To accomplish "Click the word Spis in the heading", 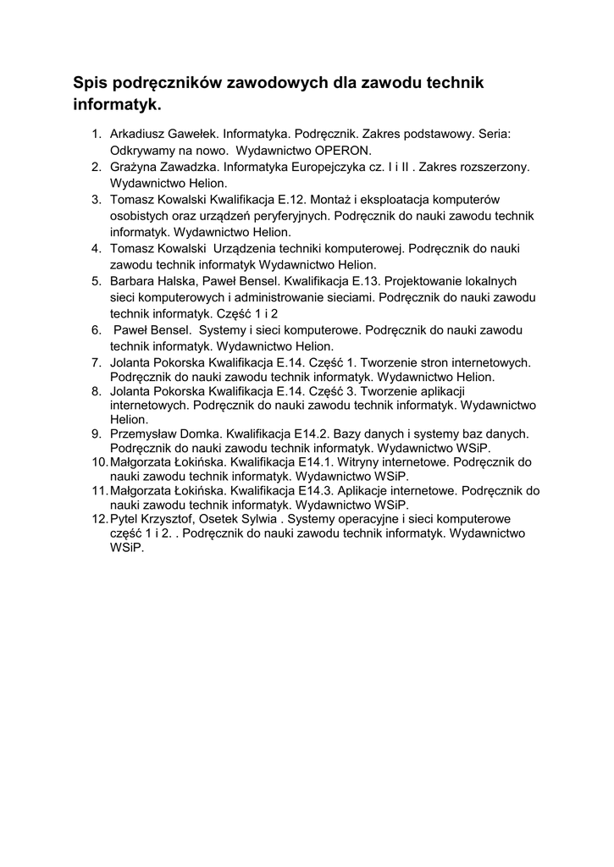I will pyautogui.click(x=91, y=83).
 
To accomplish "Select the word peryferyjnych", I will pyautogui.click(x=290, y=215).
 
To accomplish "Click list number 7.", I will pyautogui.click(x=97, y=362).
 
